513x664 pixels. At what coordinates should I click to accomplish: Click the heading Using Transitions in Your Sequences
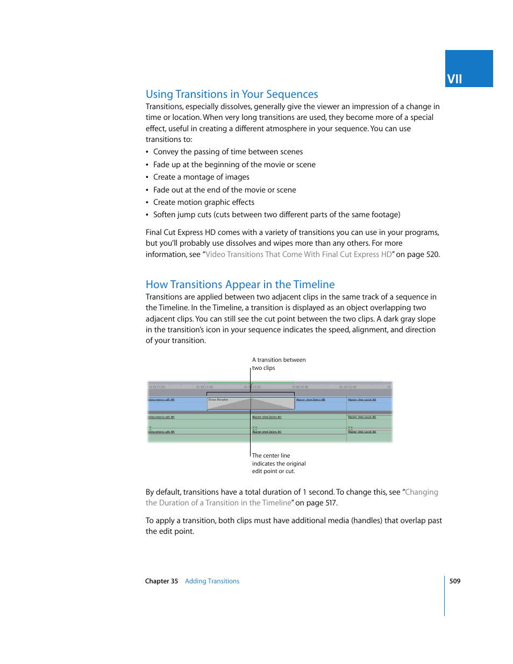[x=232, y=94]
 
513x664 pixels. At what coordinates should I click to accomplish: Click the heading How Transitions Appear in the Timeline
[x=240, y=284]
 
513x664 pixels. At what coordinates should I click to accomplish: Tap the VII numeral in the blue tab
[x=454, y=79]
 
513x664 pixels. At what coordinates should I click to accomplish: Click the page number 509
[x=455, y=581]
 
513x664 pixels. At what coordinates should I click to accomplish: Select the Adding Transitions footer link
[x=212, y=581]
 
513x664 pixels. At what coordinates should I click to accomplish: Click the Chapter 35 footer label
[x=161, y=581]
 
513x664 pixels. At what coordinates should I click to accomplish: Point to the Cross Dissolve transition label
[x=218, y=400]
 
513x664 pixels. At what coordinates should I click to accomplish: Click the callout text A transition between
[x=279, y=360]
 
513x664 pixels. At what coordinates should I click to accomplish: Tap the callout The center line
[x=271, y=455]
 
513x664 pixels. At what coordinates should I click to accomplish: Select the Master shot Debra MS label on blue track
[x=311, y=400]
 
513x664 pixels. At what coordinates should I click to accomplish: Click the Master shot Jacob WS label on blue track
[x=362, y=400]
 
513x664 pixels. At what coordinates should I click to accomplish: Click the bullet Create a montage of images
[x=201, y=177]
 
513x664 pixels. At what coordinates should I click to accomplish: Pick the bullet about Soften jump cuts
[x=276, y=215]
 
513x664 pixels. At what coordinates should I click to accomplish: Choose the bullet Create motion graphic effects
[x=204, y=202]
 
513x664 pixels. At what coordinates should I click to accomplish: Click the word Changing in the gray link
[x=422, y=492]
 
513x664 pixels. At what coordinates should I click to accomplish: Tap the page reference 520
[x=432, y=254]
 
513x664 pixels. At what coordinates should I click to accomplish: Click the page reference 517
[x=331, y=503]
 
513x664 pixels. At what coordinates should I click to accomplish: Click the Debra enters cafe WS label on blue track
[x=161, y=400]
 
